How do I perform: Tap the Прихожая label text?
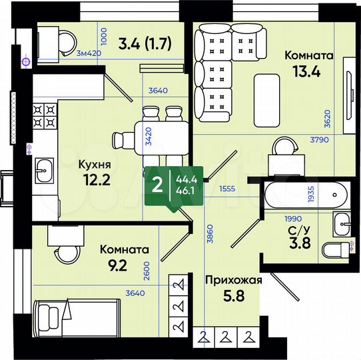(232, 279)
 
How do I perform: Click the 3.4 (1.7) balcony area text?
(145, 44)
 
